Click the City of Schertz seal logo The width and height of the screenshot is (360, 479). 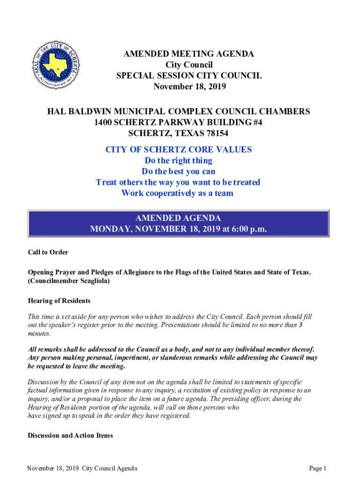(58, 65)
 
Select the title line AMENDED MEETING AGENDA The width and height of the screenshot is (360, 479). (189, 54)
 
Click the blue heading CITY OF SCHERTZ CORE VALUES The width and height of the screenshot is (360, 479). (178, 150)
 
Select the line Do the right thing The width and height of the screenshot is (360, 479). (178, 160)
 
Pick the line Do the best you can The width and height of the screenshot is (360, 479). (178, 171)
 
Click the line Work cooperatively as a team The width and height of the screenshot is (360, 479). (177, 193)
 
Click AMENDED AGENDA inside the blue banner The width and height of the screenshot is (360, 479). (178, 218)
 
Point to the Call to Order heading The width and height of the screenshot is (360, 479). (48, 252)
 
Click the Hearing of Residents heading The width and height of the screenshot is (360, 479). (59, 301)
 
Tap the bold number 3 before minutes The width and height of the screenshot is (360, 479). (300, 325)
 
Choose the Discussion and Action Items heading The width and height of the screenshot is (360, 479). (70, 435)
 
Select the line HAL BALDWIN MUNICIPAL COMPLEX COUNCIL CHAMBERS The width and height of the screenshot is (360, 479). (178, 112)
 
